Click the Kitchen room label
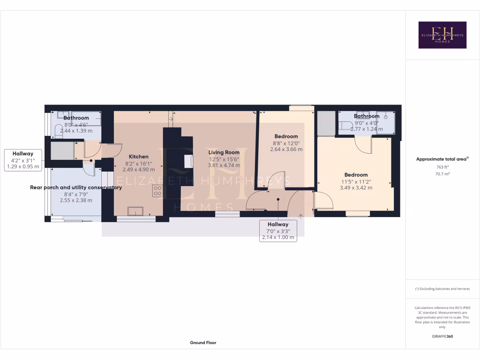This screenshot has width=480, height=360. pos(139,157)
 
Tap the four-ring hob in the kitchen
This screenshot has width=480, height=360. pos(158,191)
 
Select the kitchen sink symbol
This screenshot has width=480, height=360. pos(136,211)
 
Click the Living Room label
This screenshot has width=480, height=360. pos(224,152)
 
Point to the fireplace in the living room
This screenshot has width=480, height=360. pos(189,162)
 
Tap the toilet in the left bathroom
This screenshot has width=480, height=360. pos(58,131)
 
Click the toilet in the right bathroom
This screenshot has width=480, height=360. pos(346,125)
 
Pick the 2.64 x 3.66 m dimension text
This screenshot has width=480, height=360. pos(286,150)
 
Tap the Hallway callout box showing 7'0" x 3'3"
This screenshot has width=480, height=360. pos(278,231)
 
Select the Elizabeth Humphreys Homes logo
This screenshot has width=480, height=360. pos(442,35)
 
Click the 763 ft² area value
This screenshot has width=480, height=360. pos(442,166)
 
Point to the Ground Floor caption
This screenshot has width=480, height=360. pos(203,343)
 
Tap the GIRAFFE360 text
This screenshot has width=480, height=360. pos(442,336)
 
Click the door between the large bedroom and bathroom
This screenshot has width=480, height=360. pos(363,145)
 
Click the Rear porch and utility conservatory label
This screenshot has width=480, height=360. pos(76,187)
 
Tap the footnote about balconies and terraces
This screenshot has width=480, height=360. pos(442,289)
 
